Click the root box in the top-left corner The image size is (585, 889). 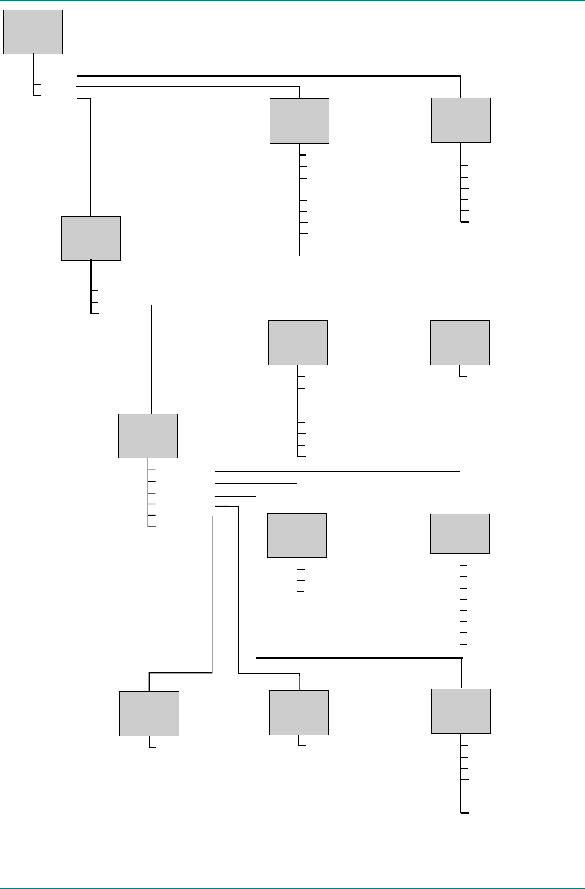[x=33, y=32]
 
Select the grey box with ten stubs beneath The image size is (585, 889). [x=299, y=121]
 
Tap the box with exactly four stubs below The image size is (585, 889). [x=90, y=238]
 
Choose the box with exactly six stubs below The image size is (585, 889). [x=148, y=436]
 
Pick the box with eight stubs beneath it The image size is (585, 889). [x=460, y=534]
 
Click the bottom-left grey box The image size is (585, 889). [x=149, y=713]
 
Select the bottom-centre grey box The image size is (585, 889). [x=299, y=712]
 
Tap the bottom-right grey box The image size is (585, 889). [x=461, y=711]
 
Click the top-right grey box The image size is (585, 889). [x=461, y=120]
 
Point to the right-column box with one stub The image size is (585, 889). [x=460, y=343]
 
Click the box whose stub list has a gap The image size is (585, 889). [x=298, y=343]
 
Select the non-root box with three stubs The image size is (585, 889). [x=297, y=536]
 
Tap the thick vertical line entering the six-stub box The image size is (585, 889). [x=151, y=362]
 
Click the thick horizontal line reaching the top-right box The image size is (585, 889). [x=271, y=76]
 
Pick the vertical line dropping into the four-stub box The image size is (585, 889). [x=90, y=157]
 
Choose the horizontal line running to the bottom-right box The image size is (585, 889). [x=362, y=657]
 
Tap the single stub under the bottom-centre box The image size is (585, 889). [x=302, y=746]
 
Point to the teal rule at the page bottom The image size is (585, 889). [x=292, y=887]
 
